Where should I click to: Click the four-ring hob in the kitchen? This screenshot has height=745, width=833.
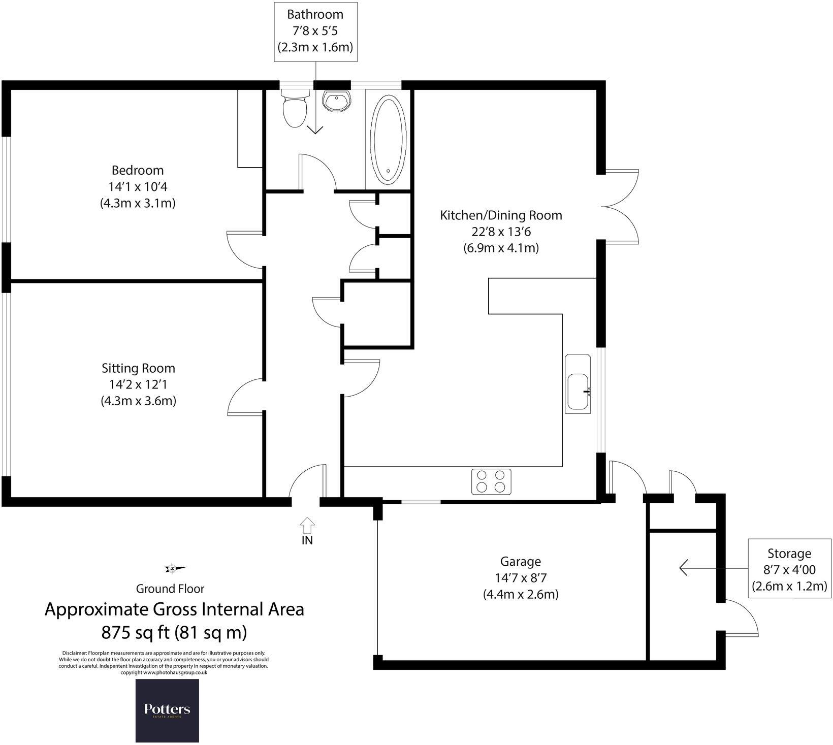[491, 481]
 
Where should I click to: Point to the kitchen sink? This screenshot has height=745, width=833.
[578, 392]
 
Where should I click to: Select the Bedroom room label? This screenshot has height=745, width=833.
[138, 170]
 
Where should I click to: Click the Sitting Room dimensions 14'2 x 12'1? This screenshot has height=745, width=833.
[138, 384]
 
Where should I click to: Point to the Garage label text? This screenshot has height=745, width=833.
[521, 561]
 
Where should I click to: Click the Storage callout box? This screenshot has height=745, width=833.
[789, 570]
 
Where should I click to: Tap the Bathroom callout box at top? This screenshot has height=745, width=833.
[315, 31]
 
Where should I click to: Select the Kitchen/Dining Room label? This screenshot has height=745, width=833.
[501, 215]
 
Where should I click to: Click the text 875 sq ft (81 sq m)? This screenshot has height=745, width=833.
[174, 633]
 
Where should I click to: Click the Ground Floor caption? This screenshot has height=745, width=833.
[170, 589]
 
